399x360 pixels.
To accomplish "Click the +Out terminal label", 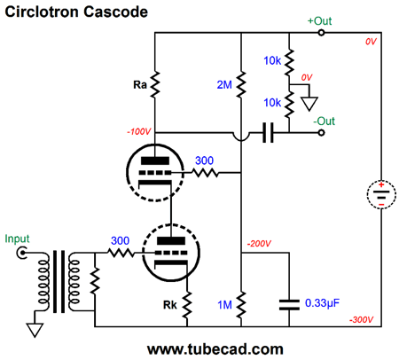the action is [319, 21].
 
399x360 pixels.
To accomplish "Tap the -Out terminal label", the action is [324, 121].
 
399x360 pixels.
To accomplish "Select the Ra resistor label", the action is [140, 85].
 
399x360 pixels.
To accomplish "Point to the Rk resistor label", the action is [170, 305].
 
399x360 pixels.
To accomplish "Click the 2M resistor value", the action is [224, 85].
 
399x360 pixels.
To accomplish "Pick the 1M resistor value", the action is [224, 305].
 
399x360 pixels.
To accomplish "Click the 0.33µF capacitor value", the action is [322, 303].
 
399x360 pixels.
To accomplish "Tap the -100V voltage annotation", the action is [139, 131].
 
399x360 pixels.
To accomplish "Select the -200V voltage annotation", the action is [259, 244].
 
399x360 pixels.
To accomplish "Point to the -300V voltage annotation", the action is [361, 319].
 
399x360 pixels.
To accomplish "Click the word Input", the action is [17, 239].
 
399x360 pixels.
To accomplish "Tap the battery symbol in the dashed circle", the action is [381, 195].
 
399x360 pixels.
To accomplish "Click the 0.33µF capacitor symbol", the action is [289, 305].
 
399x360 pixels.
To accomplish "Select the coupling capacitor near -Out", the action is [268, 133].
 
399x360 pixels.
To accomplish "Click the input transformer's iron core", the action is [59, 281].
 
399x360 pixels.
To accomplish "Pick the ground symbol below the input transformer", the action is [35, 330].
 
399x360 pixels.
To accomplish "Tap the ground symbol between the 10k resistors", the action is [309, 104].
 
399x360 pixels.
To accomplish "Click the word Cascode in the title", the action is [115, 12].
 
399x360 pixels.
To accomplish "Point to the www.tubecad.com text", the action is [215, 349].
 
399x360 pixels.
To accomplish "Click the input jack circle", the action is [22, 253].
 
